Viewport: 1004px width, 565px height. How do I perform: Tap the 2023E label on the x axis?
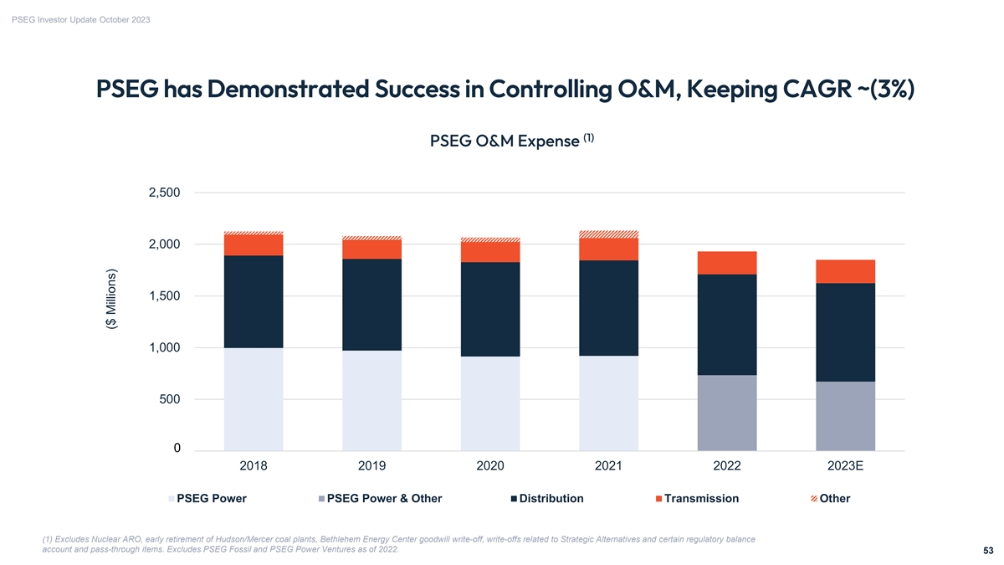pyautogui.click(x=845, y=466)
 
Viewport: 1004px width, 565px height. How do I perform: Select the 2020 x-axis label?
pyautogui.click(x=490, y=466)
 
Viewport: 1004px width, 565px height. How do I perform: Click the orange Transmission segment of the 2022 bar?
pyautogui.click(x=727, y=263)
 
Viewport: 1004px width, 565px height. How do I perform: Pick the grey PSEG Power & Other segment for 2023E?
pyautogui.click(x=845, y=416)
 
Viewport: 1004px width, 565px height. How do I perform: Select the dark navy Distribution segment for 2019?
pyautogui.click(x=371, y=305)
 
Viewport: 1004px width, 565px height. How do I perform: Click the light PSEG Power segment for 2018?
pyautogui.click(x=254, y=399)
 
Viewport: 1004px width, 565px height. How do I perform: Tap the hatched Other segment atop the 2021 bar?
pyautogui.click(x=608, y=234)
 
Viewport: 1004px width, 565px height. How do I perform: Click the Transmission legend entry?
pyautogui.click(x=701, y=499)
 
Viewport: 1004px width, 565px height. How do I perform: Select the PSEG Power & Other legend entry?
pyautogui.click(x=384, y=499)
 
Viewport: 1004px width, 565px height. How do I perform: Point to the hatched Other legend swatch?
pyautogui.click(x=814, y=500)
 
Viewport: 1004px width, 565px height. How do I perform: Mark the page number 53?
pyautogui.click(x=988, y=551)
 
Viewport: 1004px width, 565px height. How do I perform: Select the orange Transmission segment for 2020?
pyautogui.click(x=490, y=252)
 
